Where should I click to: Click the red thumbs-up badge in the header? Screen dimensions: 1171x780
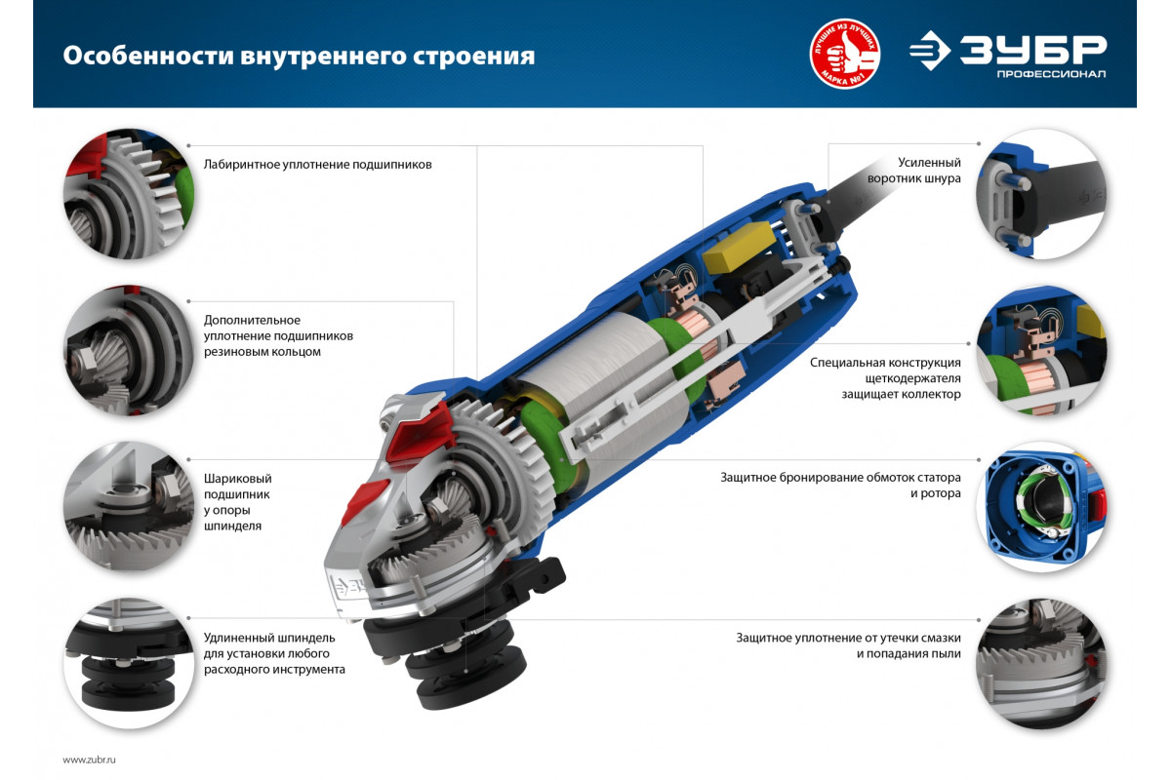845,54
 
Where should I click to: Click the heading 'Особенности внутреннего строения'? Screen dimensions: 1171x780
299,57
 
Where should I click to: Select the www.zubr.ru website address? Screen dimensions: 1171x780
89,760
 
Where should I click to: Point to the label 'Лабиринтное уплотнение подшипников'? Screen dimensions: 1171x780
317,165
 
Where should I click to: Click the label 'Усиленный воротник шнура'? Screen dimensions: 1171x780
913,171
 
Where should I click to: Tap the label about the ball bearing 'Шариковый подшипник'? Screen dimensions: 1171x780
237,502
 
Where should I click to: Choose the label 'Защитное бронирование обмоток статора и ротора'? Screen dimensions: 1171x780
840,486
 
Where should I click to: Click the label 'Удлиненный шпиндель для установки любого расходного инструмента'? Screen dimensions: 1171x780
274,653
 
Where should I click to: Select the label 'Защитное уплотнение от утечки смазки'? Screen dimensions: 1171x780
848,645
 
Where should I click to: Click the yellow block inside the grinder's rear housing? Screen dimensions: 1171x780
739,247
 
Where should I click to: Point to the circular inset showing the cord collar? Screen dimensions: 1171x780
1041,194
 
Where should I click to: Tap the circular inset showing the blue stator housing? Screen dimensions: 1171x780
1041,507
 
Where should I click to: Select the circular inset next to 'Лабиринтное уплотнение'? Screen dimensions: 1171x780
129,194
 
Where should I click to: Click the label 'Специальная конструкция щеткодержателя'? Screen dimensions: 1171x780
886,378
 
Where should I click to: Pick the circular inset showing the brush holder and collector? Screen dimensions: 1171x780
1041,350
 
